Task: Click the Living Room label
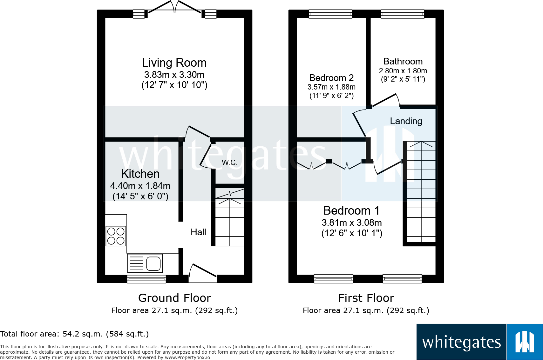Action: [174, 63]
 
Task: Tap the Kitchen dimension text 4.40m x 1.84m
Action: [140, 186]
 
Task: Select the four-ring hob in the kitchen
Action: [116, 236]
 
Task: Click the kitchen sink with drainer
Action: [145, 263]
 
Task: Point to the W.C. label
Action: [229, 163]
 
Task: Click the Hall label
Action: [198, 232]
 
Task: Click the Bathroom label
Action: [403, 61]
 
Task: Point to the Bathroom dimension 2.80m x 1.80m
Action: [403, 71]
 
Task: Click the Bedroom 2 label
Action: [331, 78]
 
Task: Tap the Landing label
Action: [406, 121]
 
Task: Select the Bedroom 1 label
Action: [351, 210]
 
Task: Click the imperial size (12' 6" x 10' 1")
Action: [352, 233]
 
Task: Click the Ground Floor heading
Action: [174, 298]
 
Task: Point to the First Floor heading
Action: [366, 298]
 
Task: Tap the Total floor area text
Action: [74, 334]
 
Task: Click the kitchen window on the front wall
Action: [146, 279]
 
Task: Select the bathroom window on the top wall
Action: [402, 14]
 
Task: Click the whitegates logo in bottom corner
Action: [479, 342]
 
